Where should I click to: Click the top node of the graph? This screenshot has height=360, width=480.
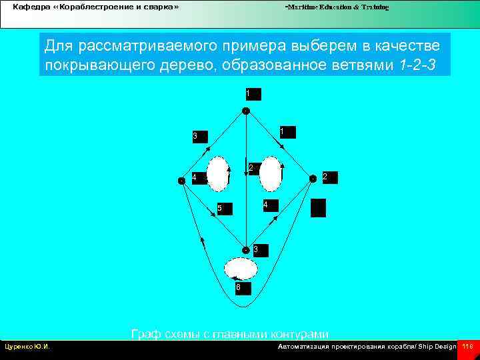(246, 111)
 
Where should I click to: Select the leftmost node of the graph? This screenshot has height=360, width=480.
(181, 180)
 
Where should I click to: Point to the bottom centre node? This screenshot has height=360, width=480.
(246, 250)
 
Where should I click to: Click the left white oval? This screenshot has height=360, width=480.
(218, 173)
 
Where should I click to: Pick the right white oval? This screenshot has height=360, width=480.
(271, 173)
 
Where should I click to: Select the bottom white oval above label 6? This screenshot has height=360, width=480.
(241, 269)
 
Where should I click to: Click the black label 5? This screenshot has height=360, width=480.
(223, 209)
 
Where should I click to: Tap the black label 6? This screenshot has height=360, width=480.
(241, 288)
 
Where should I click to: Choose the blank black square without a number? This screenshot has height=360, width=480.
(319, 208)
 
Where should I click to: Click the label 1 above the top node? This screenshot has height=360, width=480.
(252, 93)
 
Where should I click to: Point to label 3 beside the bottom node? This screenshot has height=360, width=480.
(259, 249)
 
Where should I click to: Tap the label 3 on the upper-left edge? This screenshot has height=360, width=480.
(198, 137)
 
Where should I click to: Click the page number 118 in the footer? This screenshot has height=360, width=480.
(467, 347)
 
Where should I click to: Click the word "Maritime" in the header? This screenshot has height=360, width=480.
(302, 7)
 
